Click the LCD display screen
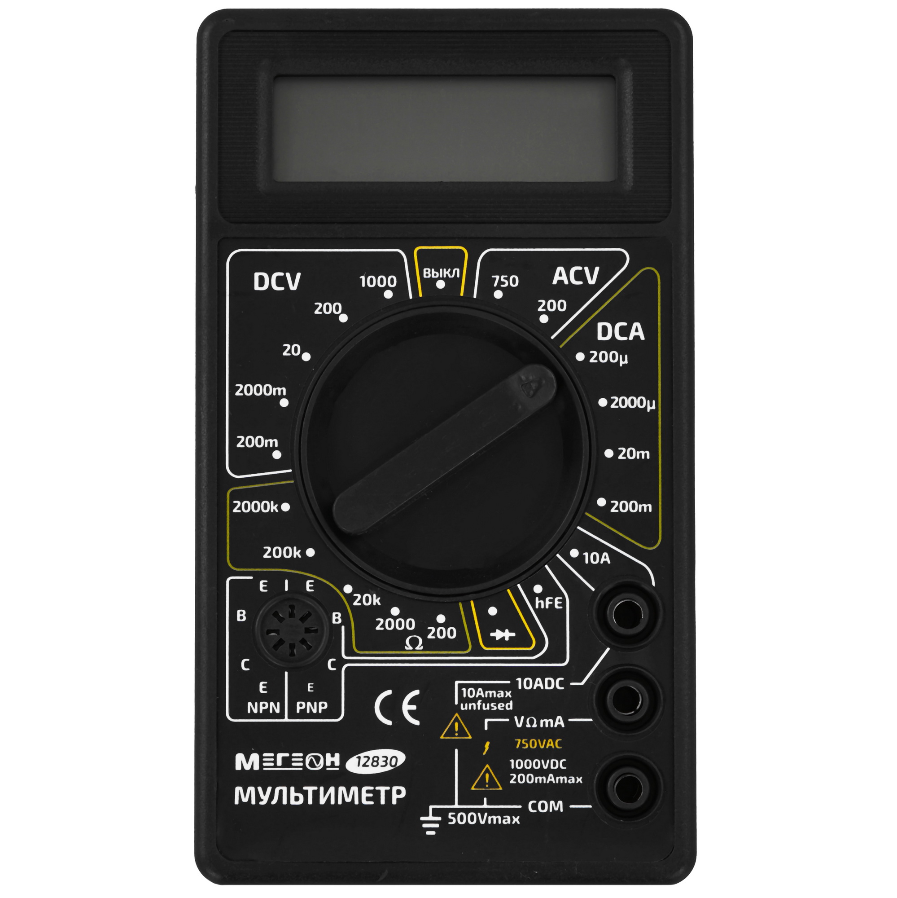click(x=444, y=129)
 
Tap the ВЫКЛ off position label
click(x=441, y=273)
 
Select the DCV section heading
click(x=277, y=282)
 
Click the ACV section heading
click(x=576, y=276)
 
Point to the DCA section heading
click(x=620, y=331)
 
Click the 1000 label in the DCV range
click(x=378, y=281)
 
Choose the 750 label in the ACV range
click(x=505, y=281)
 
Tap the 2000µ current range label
click(x=632, y=402)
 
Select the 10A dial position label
click(x=596, y=558)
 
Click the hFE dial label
click(x=549, y=603)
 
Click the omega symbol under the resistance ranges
click(x=413, y=643)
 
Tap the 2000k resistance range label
click(x=255, y=506)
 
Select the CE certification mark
click(x=397, y=708)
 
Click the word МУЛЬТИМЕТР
click(x=320, y=796)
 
